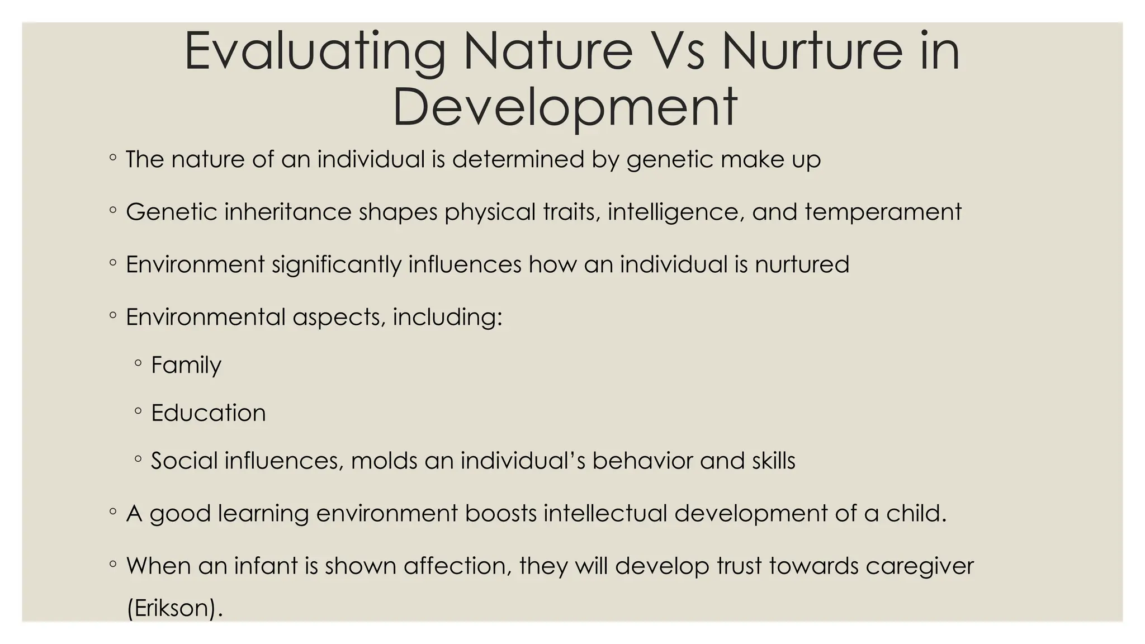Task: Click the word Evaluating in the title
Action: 315,52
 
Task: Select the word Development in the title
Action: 565,107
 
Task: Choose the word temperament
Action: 883,212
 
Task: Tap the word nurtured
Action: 802,264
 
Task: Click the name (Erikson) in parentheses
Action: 174,608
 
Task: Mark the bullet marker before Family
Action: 138,364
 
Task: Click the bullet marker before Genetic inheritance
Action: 113,211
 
